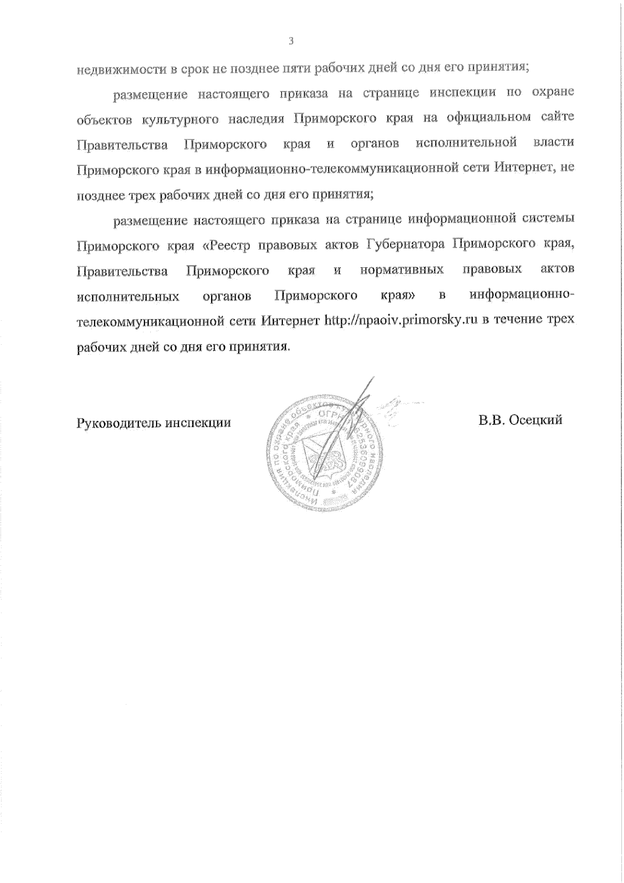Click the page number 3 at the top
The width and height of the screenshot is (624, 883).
click(291, 42)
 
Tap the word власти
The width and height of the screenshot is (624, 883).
click(554, 143)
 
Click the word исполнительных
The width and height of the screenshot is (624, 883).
click(128, 296)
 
